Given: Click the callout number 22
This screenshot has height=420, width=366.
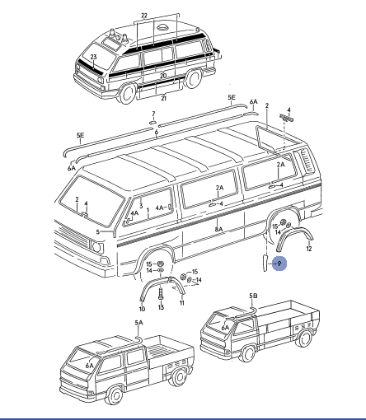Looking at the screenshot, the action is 144,16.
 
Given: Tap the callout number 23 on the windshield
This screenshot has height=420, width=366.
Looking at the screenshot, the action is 93,57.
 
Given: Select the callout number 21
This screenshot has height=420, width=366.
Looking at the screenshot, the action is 164,98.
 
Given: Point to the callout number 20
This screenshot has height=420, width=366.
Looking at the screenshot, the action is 163,76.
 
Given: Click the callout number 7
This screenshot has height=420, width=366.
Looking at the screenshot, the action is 153,114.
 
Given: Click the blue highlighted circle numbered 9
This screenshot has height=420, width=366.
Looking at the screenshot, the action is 279,264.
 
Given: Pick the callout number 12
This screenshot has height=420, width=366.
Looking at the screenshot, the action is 309,249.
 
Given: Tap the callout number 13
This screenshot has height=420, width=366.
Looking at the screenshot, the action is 161,307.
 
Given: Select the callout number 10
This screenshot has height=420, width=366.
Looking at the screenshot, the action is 142,309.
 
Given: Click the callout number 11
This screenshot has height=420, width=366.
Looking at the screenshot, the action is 181,303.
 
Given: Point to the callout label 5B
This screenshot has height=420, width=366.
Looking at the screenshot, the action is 253,296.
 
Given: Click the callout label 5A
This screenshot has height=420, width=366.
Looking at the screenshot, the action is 139,323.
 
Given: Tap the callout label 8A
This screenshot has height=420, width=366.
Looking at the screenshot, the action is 218,229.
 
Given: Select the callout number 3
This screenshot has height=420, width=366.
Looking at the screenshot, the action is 141,206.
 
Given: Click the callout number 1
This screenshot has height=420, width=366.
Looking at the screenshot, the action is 148,210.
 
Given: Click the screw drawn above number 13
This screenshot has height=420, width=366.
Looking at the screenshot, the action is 161,294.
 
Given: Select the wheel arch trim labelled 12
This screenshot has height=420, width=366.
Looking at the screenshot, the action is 293,232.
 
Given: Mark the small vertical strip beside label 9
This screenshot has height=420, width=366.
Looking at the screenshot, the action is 265,263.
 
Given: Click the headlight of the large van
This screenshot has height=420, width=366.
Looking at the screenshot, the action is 96,247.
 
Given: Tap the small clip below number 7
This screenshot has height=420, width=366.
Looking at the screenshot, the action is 153,122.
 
